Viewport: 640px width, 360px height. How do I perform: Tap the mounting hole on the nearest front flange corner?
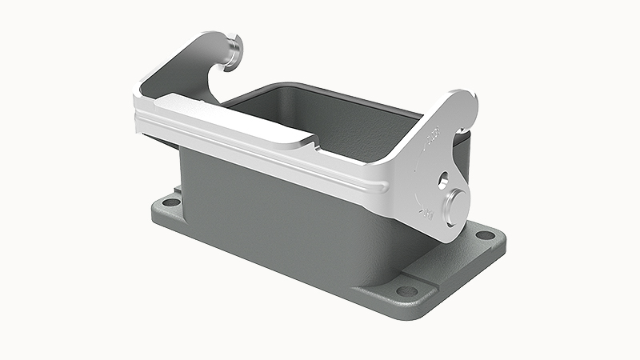[x=408, y=290]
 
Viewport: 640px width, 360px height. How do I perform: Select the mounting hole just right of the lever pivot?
[x=485, y=235]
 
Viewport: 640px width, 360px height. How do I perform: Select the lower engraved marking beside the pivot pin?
[x=427, y=213]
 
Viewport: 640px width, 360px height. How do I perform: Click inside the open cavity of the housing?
[x=320, y=112]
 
